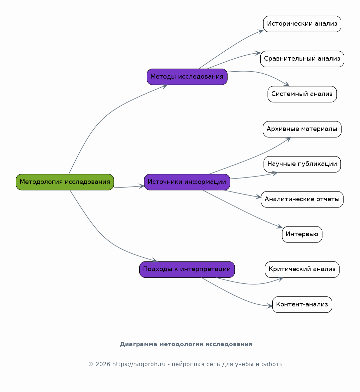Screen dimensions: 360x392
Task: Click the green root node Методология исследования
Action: point(65,182)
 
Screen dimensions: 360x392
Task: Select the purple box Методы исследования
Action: point(187,77)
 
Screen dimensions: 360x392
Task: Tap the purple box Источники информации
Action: point(187,182)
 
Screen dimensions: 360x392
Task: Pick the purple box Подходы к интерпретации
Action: point(187,269)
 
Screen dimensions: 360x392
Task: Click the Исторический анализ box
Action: point(302,24)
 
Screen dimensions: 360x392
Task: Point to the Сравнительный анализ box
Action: point(302,59)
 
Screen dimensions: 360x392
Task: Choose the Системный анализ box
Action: point(302,94)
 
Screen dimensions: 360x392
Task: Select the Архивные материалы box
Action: point(302,129)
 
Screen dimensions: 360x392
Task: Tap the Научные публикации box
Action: point(302,164)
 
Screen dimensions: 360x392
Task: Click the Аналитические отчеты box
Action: point(302,199)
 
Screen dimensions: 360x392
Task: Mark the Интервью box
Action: point(302,234)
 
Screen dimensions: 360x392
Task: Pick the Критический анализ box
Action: point(302,269)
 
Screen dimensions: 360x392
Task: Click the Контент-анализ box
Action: point(302,304)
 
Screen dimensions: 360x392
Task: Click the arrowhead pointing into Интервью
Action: point(280,226)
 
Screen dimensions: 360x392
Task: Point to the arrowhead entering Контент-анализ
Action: point(270,306)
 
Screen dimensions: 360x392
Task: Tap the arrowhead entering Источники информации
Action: point(142,186)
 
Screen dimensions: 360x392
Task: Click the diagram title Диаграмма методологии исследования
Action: point(186,344)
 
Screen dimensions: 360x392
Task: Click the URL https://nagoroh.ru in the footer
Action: point(139,364)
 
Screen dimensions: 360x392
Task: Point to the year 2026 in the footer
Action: point(103,364)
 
